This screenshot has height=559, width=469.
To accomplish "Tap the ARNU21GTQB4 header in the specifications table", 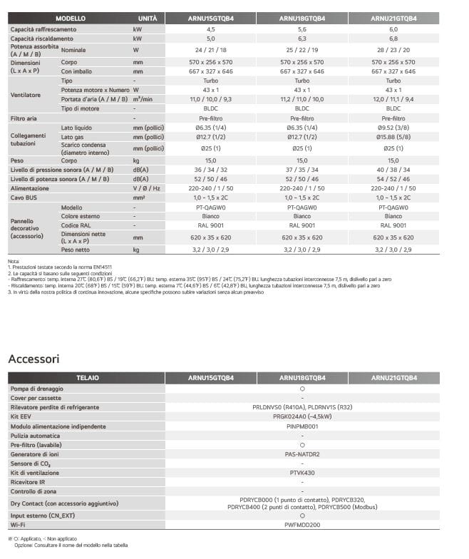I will [x=393, y=18].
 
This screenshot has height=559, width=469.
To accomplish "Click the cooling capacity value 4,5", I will [x=210, y=29].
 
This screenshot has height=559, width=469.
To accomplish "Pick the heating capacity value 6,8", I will [x=393, y=39].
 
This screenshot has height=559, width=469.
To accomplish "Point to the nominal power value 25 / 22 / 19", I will [x=302, y=51].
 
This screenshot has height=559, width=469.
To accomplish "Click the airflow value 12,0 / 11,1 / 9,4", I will [x=393, y=100].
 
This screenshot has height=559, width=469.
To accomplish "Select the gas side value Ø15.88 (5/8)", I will [x=393, y=136].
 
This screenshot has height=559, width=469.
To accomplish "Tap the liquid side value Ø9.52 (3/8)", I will [x=393, y=127].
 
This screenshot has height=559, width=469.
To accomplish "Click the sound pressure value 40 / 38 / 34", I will [x=393, y=170].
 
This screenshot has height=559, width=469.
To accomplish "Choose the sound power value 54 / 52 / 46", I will [x=393, y=178].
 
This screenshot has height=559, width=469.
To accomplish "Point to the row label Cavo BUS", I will [x=23, y=197].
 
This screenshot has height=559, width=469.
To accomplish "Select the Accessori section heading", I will [x=33, y=359].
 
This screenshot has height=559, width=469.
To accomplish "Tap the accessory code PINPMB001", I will [x=302, y=426].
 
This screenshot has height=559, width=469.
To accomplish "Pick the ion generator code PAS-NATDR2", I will [x=302, y=453].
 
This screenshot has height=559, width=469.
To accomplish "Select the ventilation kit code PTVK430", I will [x=302, y=472].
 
